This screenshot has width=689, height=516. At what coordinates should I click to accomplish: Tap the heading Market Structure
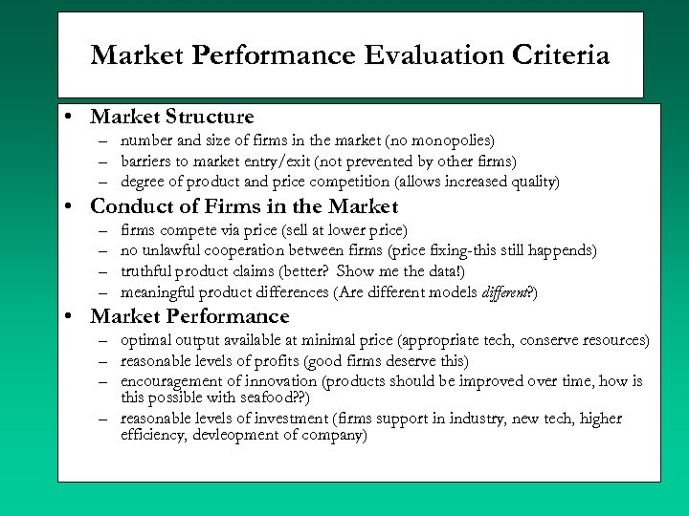click(172, 118)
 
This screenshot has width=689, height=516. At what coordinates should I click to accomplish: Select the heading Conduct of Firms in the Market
click(244, 206)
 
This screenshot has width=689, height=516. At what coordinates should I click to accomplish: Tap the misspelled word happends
click(560, 250)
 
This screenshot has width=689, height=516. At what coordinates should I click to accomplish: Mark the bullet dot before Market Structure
click(71, 118)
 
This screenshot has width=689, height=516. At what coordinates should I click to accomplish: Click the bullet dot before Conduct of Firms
click(71, 206)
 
